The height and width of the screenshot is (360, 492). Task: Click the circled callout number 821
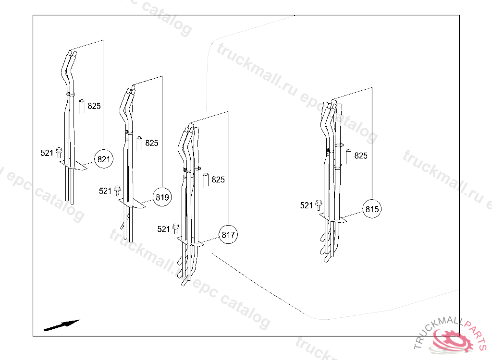(x=104, y=159)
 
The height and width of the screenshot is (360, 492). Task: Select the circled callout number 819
(x=162, y=197)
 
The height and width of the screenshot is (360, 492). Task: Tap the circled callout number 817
(x=228, y=235)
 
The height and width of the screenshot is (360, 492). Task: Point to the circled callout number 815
(x=372, y=209)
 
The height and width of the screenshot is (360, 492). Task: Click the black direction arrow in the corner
(x=61, y=325)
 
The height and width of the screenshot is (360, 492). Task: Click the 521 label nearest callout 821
(x=47, y=153)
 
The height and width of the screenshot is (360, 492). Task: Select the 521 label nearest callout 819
(x=105, y=191)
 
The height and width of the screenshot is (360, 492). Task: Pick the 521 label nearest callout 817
(x=163, y=229)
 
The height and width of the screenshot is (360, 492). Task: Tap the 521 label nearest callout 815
(x=306, y=205)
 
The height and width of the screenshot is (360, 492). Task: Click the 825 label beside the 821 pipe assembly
(x=94, y=106)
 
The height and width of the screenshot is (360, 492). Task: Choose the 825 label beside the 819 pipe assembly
(x=152, y=143)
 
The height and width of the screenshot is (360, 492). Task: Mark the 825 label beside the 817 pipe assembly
(x=218, y=180)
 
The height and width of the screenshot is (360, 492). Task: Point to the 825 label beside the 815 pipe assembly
(x=361, y=156)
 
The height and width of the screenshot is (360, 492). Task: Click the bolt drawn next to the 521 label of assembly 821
(x=59, y=153)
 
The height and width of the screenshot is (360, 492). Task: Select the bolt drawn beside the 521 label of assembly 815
(x=319, y=205)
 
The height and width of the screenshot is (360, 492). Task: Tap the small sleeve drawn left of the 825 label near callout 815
(x=348, y=156)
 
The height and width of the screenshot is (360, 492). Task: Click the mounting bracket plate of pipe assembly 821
(x=73, y=165)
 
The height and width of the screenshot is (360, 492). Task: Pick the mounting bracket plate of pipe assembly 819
(x=132, y=203)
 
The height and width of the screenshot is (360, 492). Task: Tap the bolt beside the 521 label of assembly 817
(x=176, y=229)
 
